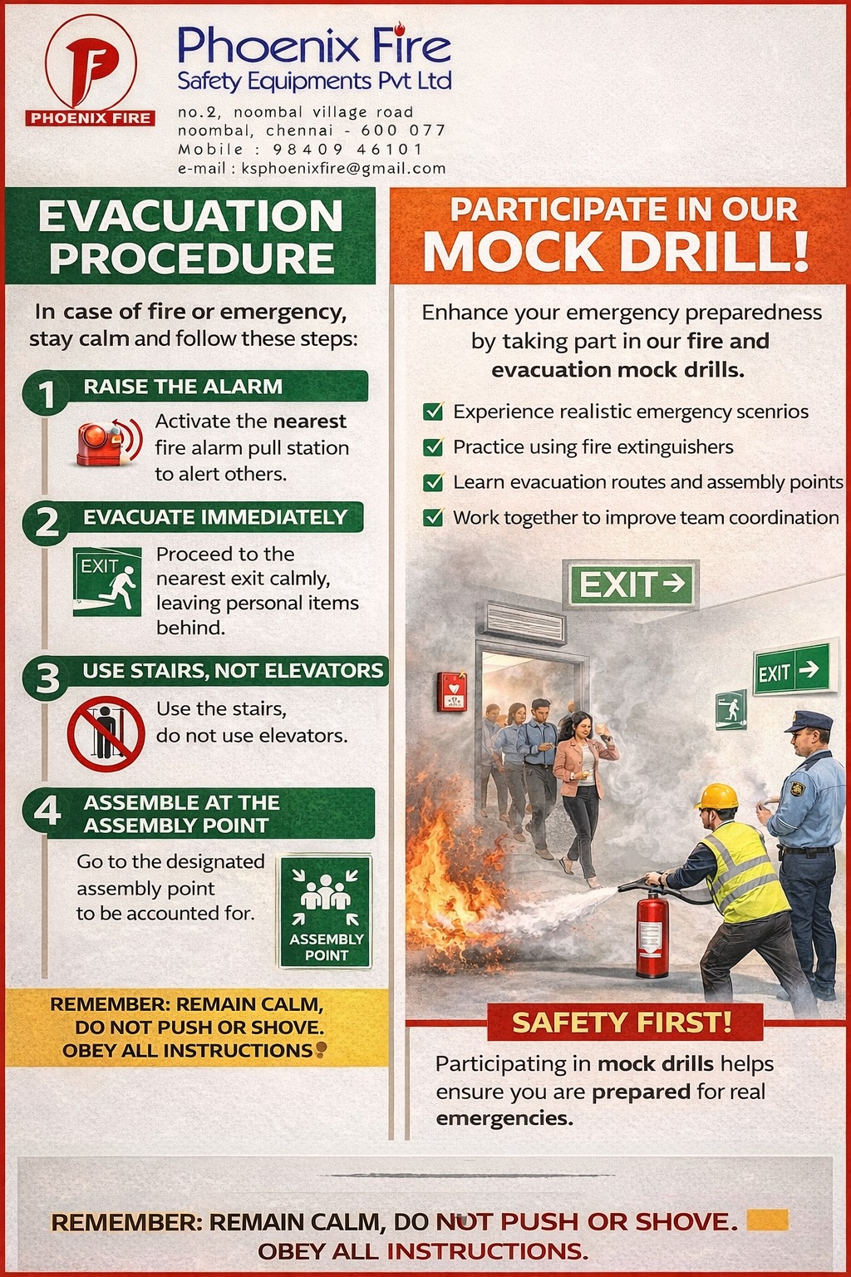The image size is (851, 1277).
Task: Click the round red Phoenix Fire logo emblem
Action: coord(91,62)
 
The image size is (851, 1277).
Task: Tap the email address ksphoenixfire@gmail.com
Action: coord(344,168)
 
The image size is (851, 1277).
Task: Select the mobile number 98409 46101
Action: coord(347,150)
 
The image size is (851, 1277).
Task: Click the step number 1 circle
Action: coord(47,393)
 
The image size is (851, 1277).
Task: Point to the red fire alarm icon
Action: coord(108,442)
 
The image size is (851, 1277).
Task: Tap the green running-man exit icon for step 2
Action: coord(107,581)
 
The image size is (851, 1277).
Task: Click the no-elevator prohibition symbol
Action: coord(106,733)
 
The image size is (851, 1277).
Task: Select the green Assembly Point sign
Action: coord(326,911)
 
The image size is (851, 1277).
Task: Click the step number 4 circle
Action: coord(47,810)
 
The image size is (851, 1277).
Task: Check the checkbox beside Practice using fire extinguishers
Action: coord(433,446)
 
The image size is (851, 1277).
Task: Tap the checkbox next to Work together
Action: coord(433,517)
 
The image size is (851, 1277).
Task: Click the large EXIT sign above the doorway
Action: coord(631,583)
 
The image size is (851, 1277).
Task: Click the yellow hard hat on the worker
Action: coord(717,796)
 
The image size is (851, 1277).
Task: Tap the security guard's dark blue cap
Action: coord(809,721)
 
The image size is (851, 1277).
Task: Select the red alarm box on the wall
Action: coord(452,692)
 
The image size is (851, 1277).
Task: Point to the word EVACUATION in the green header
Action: coord(190,216)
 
